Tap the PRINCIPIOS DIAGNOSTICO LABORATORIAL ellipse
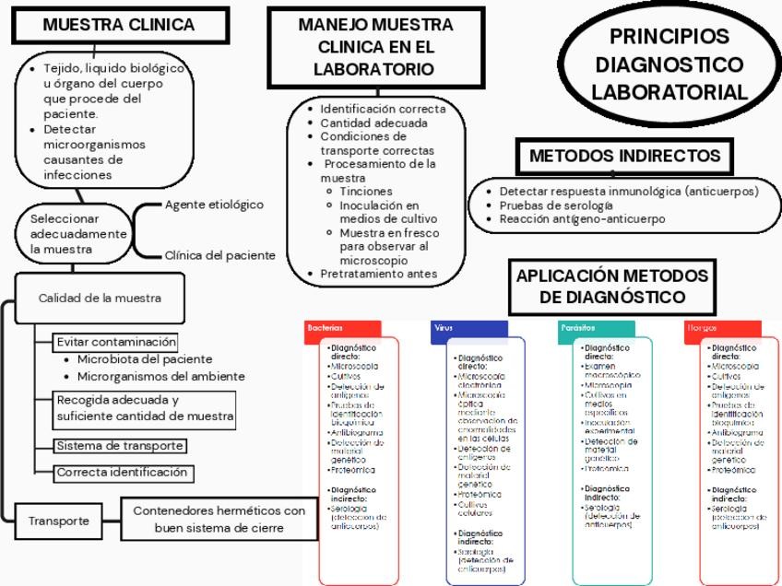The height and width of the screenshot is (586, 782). coord(669,64)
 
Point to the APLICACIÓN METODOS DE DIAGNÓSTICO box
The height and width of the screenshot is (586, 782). coord(612,287)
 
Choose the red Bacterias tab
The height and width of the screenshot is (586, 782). coord(342,328)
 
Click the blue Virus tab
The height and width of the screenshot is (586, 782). coord(469,328)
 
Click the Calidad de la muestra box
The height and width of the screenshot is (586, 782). coord(100,298)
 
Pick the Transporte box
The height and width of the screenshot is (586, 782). coord(58,521)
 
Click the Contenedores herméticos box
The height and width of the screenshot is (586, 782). coord(219,520)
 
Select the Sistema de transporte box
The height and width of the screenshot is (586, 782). coord(120,446)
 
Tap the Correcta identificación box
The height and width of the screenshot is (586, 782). coord(123,473)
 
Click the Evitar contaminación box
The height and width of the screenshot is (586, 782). coord(116,342)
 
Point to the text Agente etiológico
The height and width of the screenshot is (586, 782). coord(214,205)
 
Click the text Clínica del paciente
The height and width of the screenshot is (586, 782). coord(219,255)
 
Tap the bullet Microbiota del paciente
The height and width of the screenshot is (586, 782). coord(144,359)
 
